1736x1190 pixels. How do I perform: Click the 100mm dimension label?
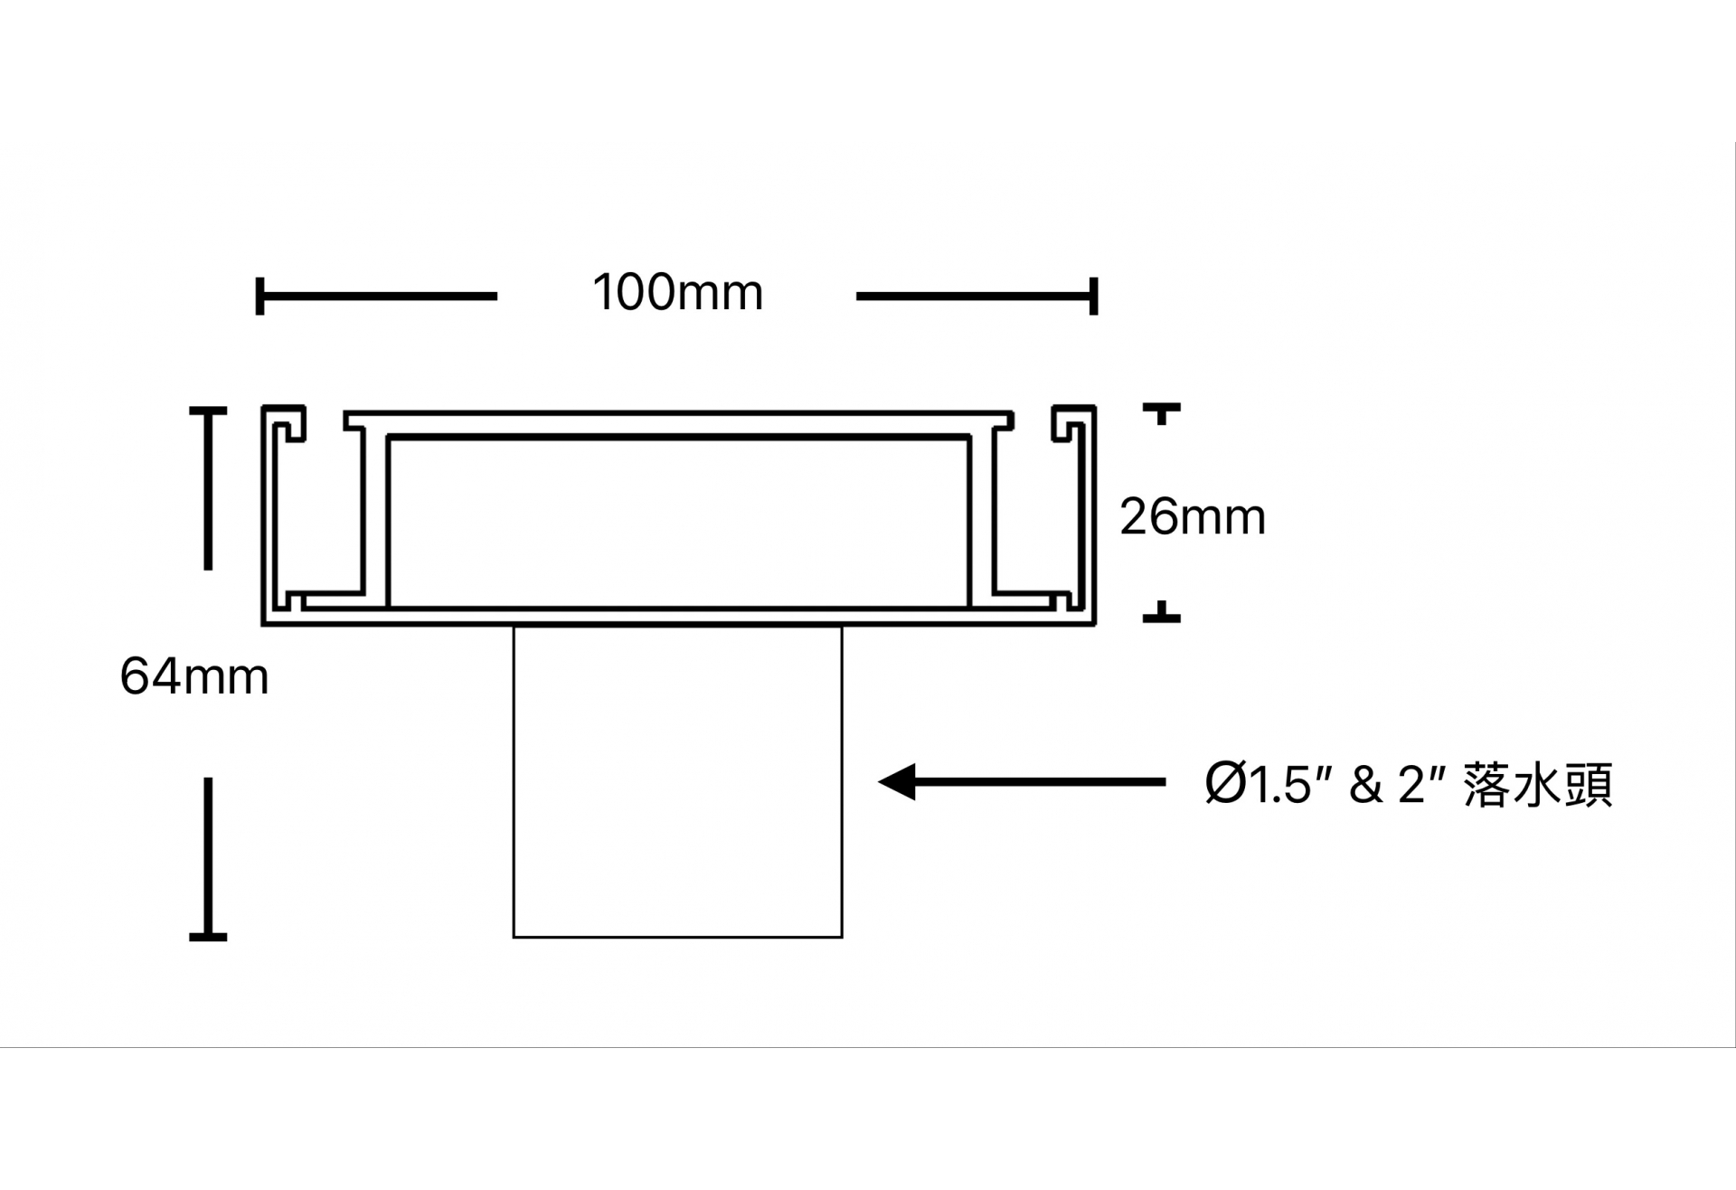click(677, 293)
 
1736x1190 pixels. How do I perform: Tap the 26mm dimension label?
click(1192, 517)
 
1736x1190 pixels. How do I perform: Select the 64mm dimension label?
click(194, 677)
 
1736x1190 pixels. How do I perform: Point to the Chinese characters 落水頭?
click(1538, 784)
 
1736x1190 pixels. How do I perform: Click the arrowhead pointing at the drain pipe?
click(897, 782)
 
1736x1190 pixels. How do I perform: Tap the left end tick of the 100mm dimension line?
click(260, 296)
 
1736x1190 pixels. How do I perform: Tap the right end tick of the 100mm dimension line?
click(1094, 296)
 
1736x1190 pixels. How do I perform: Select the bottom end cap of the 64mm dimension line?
click(208, 936)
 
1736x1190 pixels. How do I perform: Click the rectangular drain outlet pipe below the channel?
click(677, 782)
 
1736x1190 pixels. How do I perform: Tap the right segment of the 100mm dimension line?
click(975, 296)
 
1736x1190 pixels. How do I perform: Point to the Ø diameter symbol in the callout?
click(1225, 784)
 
